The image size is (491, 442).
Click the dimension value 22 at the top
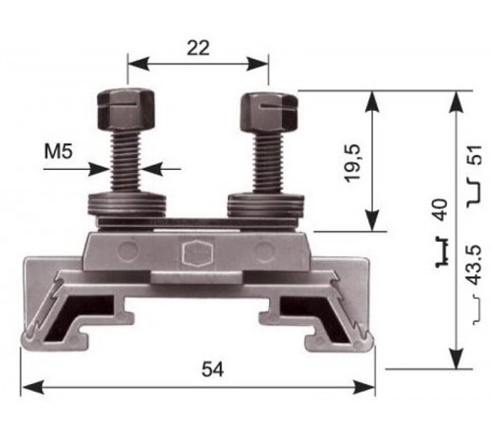pyautogui.click(x=197, y=45)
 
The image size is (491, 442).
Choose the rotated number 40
pyautogui.click(x=439, y=209)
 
